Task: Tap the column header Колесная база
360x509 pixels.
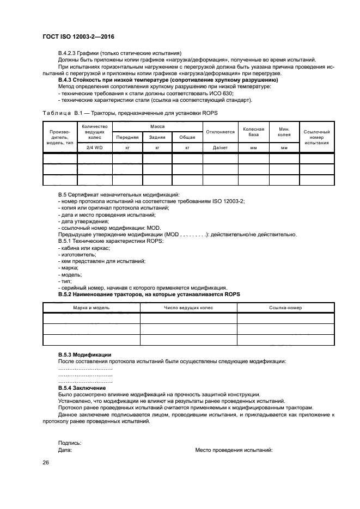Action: point(253,132)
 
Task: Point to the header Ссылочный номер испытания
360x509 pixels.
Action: point(316,137)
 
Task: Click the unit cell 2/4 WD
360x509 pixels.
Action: point(94,148)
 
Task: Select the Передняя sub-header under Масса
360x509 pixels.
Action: point(127,137)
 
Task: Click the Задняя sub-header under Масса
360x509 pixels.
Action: point(157,137)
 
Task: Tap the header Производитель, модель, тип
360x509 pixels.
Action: point(59,137)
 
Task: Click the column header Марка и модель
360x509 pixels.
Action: point(91,308)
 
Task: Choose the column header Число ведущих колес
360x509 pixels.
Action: point(188,308)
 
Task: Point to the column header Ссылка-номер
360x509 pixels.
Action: point(285,308)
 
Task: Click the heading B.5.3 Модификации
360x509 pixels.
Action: point(84,354)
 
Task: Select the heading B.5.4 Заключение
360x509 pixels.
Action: point(82,388)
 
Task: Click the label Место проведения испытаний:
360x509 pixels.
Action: point(234,450)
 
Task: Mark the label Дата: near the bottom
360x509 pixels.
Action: point(65,450)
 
